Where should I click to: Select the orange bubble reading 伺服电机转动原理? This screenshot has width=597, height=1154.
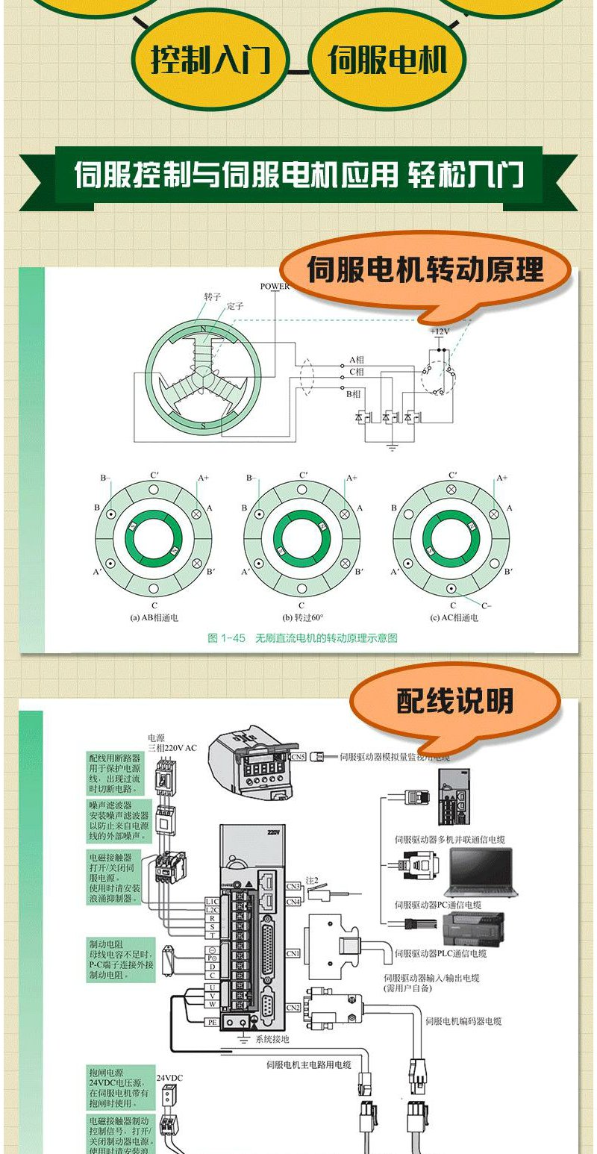pyautogui.click(x=425, y=270)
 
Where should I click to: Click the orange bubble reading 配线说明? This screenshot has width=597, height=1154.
pyautogui.click(x=454, y=702)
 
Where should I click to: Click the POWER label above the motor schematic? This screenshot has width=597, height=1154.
pyautogui.click(x=275, y=287)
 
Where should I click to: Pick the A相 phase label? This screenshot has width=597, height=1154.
pyautogui.click(x=357, y=360)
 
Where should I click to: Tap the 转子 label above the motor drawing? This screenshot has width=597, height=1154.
pyautogui.click(x=213, y=296)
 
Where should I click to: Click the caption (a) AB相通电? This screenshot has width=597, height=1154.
pyautogui.click(x=154, y=618)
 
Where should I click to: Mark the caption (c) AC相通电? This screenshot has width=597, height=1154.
pyautogui.click(x=454, y=618)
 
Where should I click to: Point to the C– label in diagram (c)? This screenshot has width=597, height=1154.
pyautogui.click(x=486, y=605)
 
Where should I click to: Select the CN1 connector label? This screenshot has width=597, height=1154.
pyautogui.click(x=293, y=953)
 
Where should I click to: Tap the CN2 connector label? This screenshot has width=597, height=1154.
pyautogui.click(x=293, y=1008)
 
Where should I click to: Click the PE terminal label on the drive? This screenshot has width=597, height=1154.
pyautogui.click(x=213, y=1022)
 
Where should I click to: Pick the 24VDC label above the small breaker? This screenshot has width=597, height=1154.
pyautogui.click(x=168, y=1079)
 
